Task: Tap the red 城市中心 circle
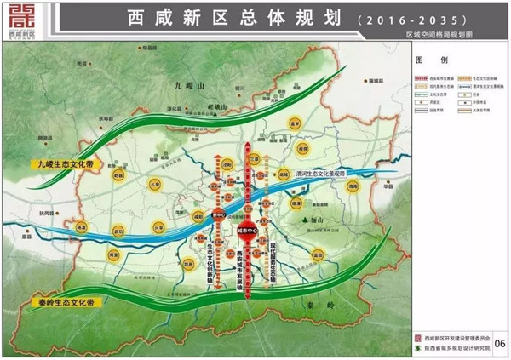click(x=248, y=231)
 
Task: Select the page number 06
click(x=498, y=343)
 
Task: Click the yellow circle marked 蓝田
click(x=319, y=254)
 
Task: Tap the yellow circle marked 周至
click(x=112, y=254)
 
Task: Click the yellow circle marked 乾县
click(x=118, y=175)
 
